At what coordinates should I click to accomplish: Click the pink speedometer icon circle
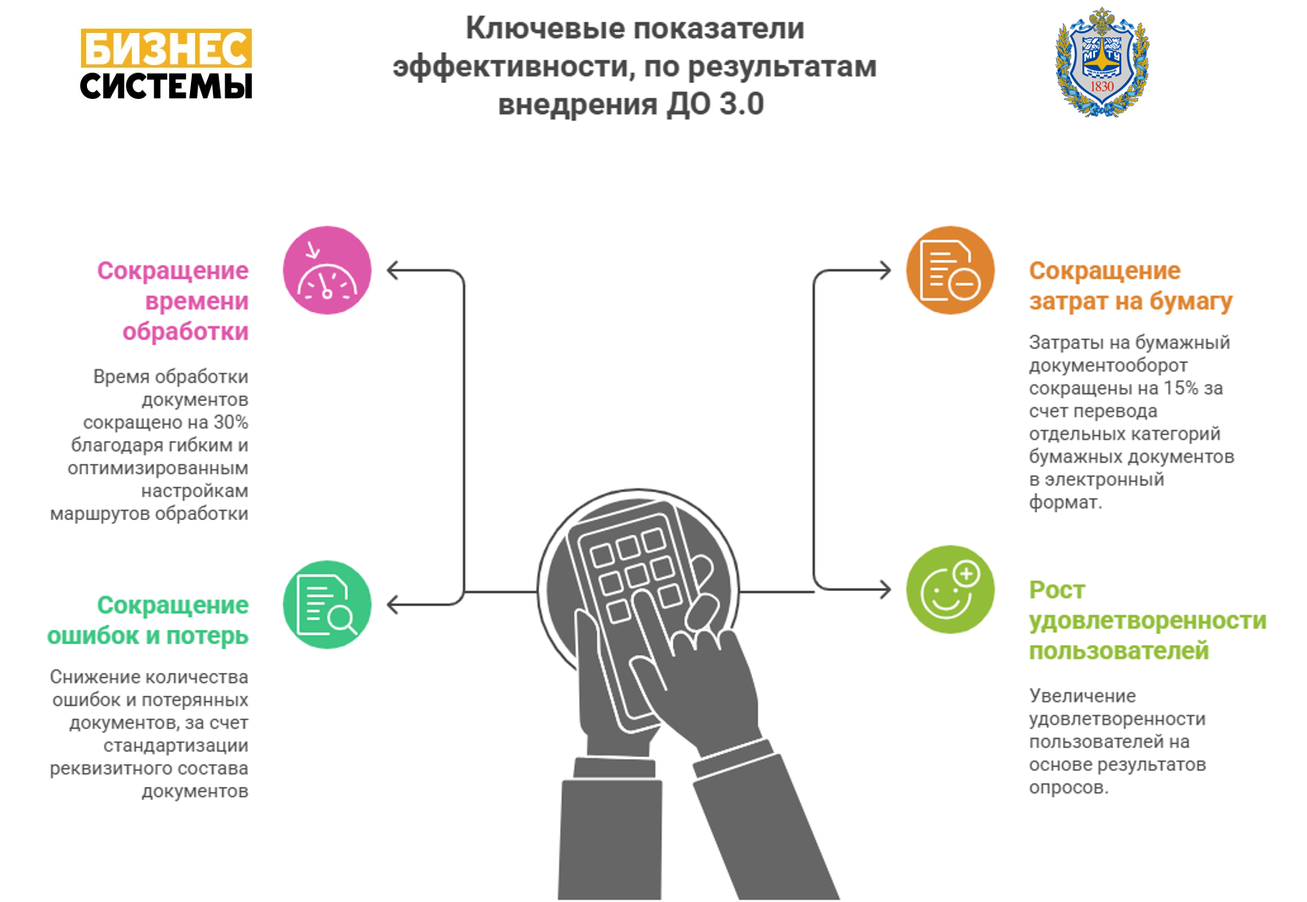[327, 271]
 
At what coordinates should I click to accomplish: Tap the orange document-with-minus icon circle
[950, 271]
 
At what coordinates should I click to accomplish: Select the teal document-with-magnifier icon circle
[327, 604]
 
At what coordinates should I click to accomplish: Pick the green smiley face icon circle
[950, 590]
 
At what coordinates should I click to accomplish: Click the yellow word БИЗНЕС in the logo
[166, 48]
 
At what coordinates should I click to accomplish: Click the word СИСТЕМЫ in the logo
[166, 85]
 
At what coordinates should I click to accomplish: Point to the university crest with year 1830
[1103, 62]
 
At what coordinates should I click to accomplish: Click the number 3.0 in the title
[741, 104]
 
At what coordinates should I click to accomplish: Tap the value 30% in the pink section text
[231, 422]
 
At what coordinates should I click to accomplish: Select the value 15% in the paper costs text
[1180, 388]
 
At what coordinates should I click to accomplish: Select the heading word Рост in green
[1057, 590]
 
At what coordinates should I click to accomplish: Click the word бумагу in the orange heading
[1190, 302]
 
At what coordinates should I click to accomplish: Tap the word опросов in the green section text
[1068, 788]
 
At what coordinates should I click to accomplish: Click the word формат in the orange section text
[1065, 502]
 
